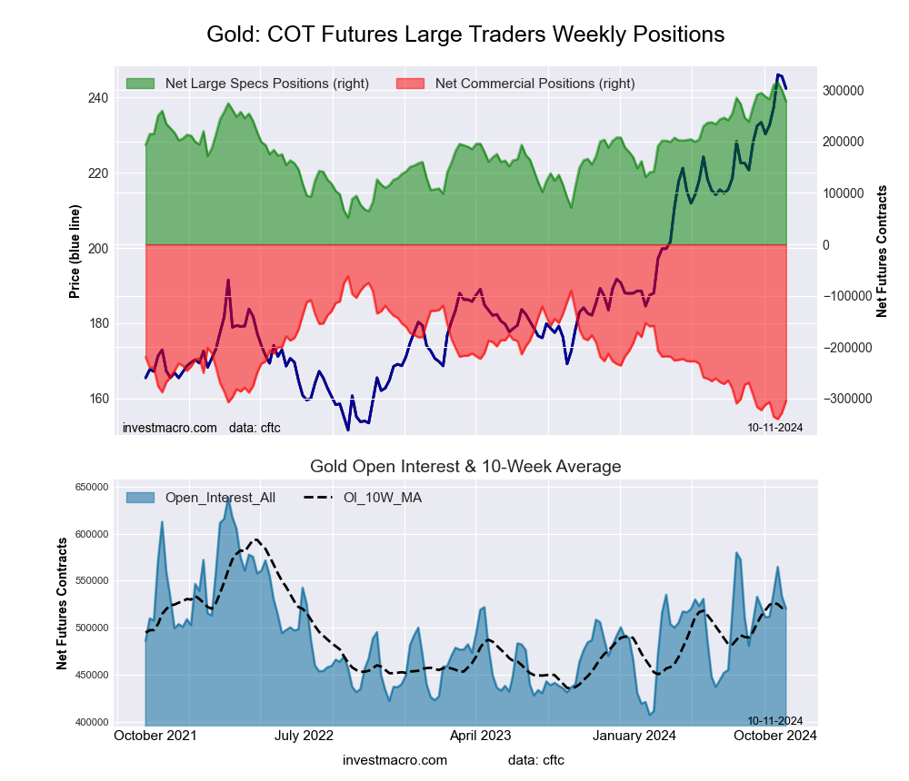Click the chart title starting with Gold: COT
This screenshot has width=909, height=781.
point(465,35)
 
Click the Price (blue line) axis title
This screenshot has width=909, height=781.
point(75,249)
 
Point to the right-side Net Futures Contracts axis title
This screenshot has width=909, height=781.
point(881,251)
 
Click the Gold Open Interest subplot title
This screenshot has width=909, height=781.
point(465,467)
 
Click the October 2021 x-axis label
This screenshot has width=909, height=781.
point(157,736)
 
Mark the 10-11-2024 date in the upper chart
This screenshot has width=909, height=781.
point(774,427)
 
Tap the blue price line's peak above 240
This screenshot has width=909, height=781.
point(779,75)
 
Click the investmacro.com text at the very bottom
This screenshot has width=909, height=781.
point(395,759)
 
